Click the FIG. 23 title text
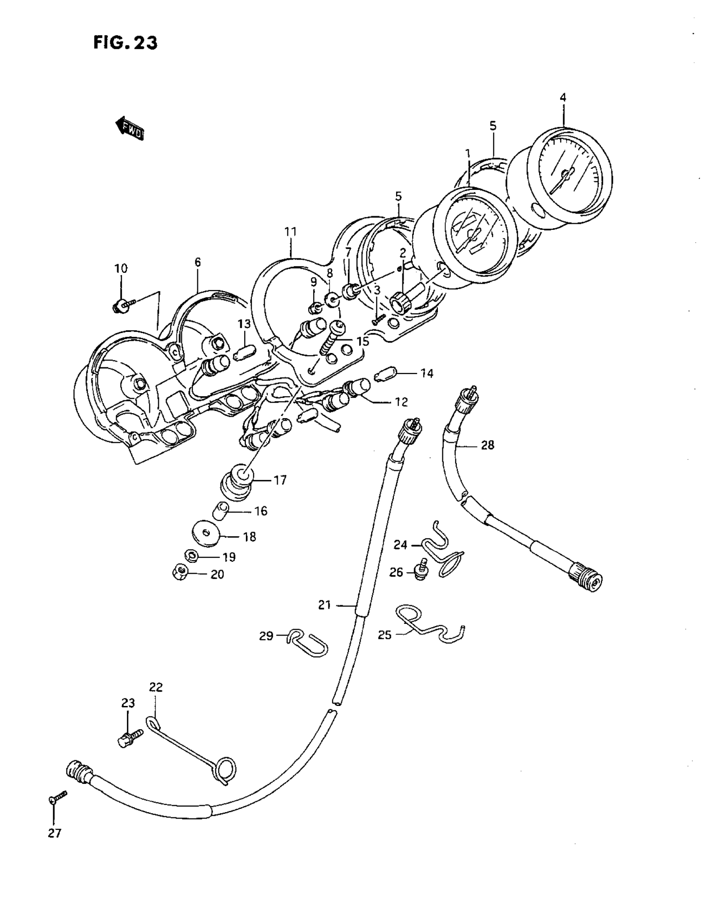[125, 43]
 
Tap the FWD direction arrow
[130, 128]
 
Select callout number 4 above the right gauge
[563, 97]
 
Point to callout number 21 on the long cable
[325, 605]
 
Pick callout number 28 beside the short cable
[488, 445]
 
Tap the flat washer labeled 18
[206, 534]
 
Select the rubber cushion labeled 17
[237, 481]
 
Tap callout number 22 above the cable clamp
[156, 688]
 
